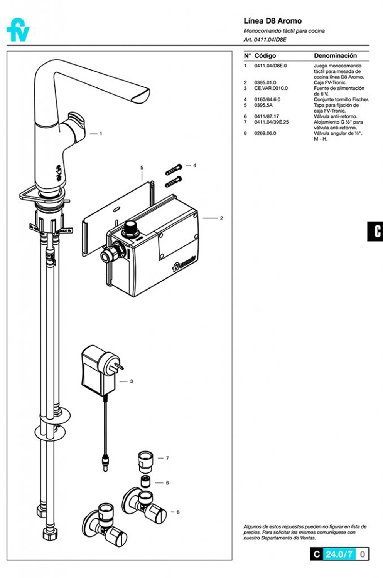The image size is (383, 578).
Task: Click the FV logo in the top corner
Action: [x=18, y=30]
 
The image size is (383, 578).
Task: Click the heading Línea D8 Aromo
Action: [x=272, y=21]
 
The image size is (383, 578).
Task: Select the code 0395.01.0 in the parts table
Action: [x=265, y=82]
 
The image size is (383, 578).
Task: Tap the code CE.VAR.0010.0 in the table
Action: [x=271, y=88]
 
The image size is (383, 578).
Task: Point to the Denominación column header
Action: [x=335, y=56]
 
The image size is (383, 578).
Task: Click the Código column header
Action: [x=265, y=56]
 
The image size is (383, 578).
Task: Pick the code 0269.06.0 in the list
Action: [x=265, y=133]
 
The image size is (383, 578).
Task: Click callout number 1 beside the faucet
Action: [x=101, y=134]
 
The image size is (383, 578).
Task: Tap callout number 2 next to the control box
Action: [x=221, y=218]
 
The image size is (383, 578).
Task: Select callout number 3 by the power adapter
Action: [x=132, y=381]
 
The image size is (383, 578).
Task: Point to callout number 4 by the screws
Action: [x=194, y=165]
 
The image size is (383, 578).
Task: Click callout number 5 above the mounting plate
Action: [x=142, y=168]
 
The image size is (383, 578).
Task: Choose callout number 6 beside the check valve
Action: [x=167, y=482]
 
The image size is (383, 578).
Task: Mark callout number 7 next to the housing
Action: [x=167, y=458]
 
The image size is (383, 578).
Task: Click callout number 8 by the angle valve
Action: [x=178, y=512]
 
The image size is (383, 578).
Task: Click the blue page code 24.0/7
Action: [x=339, y=554]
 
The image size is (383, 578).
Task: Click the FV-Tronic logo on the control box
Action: [x=184, y=263]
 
